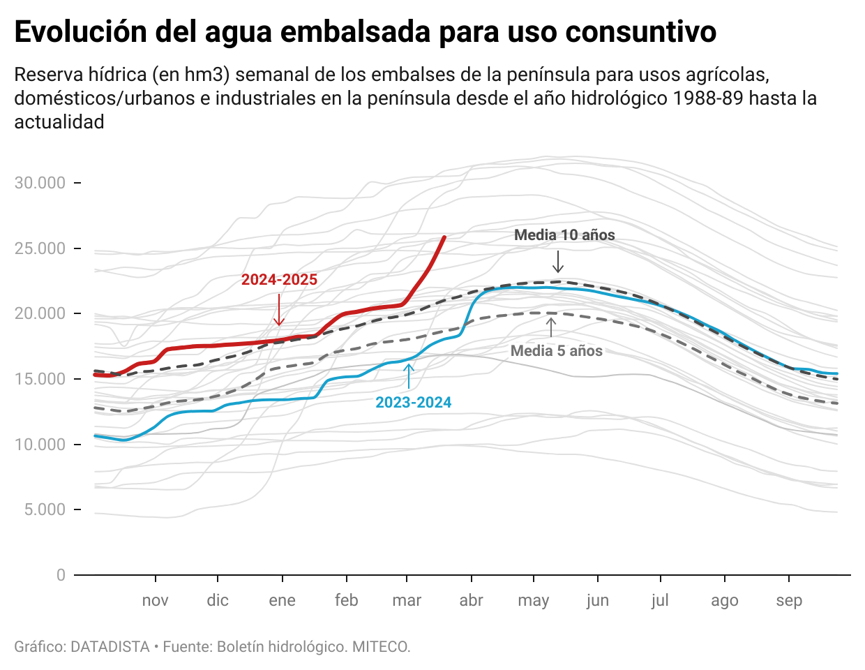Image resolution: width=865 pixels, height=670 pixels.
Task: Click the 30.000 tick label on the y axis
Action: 40,183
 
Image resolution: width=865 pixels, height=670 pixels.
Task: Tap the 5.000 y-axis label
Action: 45,509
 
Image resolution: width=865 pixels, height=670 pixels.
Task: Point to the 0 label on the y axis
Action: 61,575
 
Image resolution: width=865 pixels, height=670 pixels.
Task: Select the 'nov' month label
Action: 155,600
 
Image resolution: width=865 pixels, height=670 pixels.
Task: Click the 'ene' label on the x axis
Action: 282,600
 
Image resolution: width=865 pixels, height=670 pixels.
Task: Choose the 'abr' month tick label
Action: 472,600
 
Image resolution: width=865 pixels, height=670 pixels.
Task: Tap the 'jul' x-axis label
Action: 660,600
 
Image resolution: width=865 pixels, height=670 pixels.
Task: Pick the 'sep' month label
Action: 789,600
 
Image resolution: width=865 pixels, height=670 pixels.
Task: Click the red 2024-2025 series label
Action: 279,280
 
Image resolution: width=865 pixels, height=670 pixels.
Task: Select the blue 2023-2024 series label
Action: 414,403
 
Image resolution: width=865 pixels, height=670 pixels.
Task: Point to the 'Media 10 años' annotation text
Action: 564,235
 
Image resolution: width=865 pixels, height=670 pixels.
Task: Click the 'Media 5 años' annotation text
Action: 557,351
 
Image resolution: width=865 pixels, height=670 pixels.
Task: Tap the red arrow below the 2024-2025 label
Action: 279,309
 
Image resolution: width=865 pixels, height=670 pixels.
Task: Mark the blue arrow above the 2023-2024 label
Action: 409,375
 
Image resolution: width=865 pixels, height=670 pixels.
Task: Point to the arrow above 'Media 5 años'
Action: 551,327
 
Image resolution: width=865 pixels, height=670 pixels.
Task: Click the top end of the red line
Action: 444,238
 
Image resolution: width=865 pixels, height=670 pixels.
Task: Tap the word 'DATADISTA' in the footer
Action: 110,647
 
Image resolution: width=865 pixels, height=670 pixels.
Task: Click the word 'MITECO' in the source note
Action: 379,647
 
